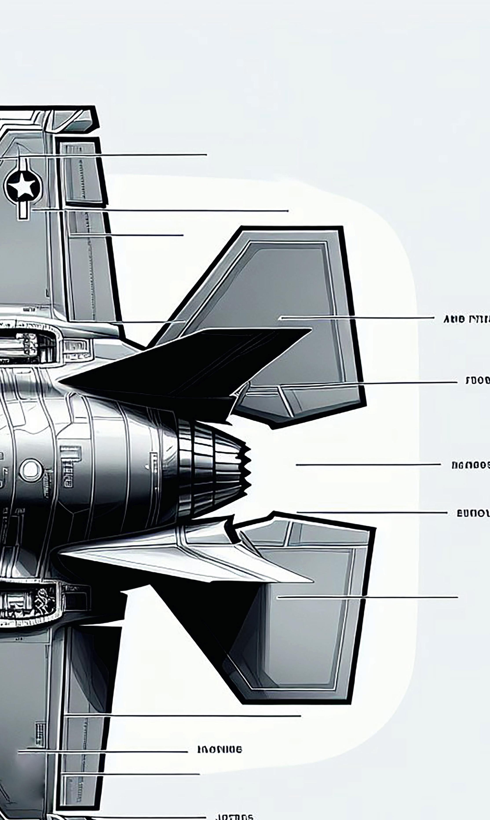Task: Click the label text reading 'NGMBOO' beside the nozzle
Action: (470, 465)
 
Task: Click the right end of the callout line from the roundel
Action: (287, 211)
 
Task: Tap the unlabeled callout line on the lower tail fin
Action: (366, 597)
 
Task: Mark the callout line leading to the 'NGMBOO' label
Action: (368, 464)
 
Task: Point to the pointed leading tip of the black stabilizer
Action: (61, 381)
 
